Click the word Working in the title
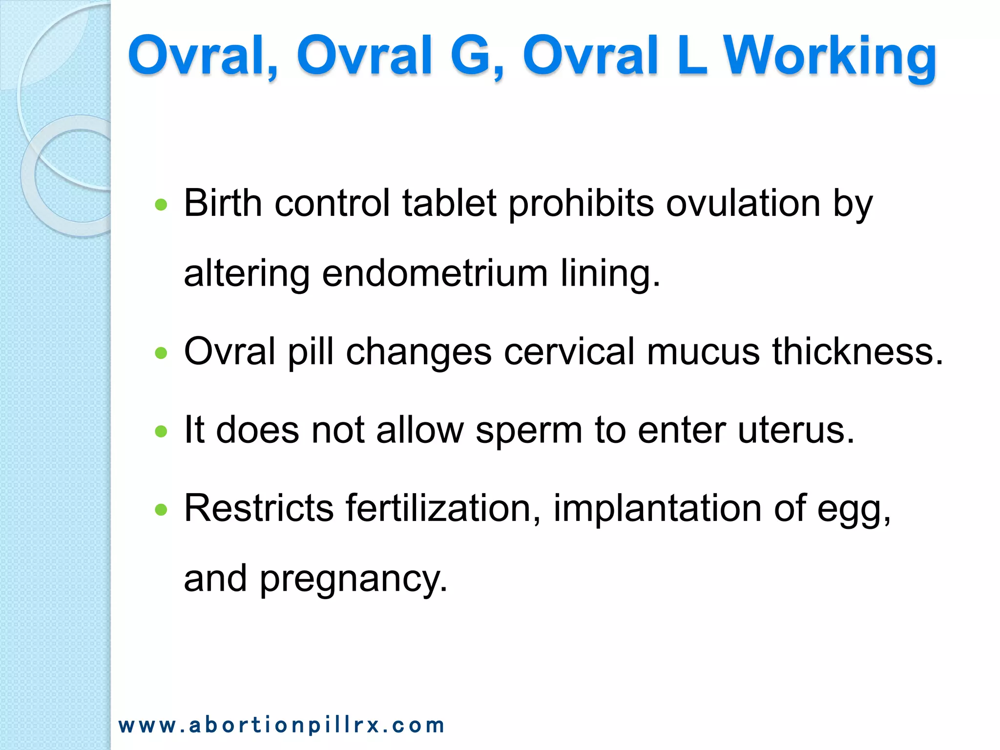point(829,56)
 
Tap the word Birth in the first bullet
point(223,203)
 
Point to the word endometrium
point(435,273)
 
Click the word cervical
point(569,352)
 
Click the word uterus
point(796,431)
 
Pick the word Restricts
point(259,509)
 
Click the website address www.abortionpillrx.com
point(281,725)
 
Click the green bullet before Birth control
point(161,205)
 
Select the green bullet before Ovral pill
point(161,353)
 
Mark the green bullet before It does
point(161,431)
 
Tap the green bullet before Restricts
point(161,510)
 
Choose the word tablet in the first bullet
point(449,203)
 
